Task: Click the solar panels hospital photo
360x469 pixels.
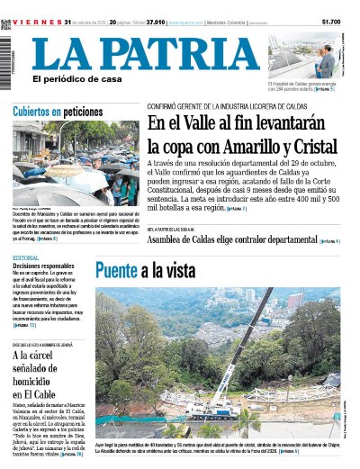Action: (305, 55)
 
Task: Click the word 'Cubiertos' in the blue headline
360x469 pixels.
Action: (36, 113)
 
